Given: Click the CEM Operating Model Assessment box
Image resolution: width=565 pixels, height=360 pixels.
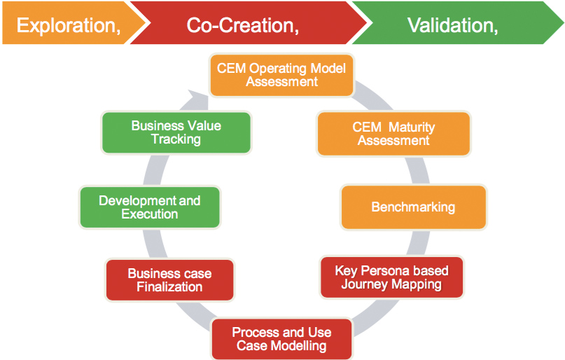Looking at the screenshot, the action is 281,75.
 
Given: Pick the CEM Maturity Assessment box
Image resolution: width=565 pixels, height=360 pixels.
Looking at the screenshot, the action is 393,134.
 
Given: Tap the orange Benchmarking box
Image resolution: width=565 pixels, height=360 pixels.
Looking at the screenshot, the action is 413,207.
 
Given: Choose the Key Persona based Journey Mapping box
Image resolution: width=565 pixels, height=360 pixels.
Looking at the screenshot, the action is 391,277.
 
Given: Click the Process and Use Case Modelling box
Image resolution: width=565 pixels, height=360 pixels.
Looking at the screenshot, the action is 281,339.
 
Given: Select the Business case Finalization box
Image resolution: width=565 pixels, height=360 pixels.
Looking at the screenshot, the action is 169,280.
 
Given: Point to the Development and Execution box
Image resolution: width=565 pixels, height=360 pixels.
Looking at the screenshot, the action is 150,207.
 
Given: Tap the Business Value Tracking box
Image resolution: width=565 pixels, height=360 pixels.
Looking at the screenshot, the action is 176,132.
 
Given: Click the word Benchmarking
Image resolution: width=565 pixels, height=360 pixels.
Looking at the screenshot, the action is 413,207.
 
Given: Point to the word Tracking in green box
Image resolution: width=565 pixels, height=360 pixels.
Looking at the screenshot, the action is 176,139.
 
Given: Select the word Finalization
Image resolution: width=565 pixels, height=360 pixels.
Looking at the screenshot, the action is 169,287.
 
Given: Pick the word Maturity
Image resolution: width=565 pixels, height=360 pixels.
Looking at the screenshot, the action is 412,127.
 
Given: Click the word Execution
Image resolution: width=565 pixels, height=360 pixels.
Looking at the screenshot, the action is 150,214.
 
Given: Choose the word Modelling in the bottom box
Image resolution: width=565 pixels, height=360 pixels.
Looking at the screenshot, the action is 299,346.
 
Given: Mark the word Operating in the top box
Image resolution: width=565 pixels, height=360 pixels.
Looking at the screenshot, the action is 278,69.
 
